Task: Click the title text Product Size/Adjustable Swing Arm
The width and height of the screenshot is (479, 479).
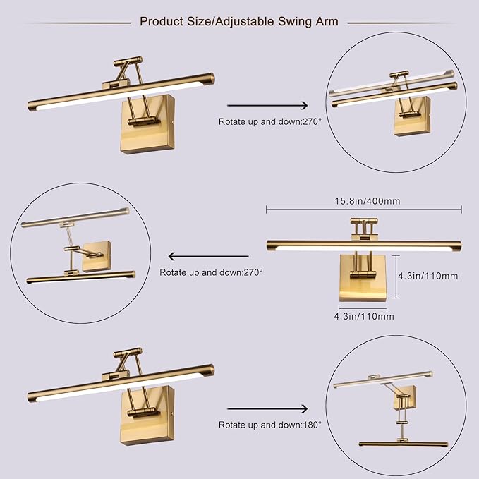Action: [238, 22]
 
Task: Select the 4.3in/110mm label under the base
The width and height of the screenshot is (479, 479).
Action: [363, 317]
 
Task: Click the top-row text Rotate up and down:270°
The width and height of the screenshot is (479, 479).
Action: [269, 121]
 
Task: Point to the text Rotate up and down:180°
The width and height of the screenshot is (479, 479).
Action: [269, 425]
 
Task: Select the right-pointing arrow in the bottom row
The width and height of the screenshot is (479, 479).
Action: [268, 409]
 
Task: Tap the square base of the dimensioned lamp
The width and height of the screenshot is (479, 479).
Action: [363, 278]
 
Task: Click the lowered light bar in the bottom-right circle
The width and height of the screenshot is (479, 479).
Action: [403, 444]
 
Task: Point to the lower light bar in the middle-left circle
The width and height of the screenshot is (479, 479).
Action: [80, 277]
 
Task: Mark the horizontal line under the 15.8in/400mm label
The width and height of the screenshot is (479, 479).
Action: [363, 209]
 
